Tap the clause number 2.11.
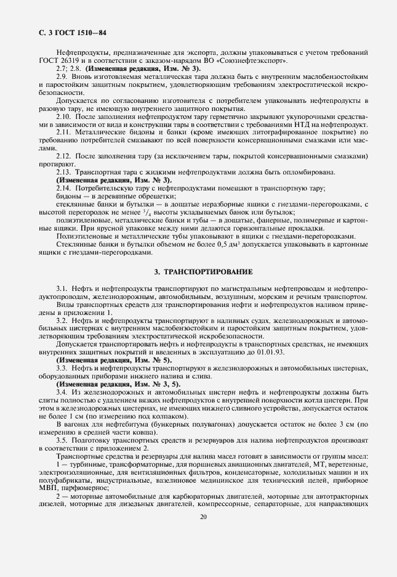coord(63,132)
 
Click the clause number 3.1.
coord(62,289)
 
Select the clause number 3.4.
coord(62,392)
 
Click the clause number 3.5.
coord(62,440)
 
